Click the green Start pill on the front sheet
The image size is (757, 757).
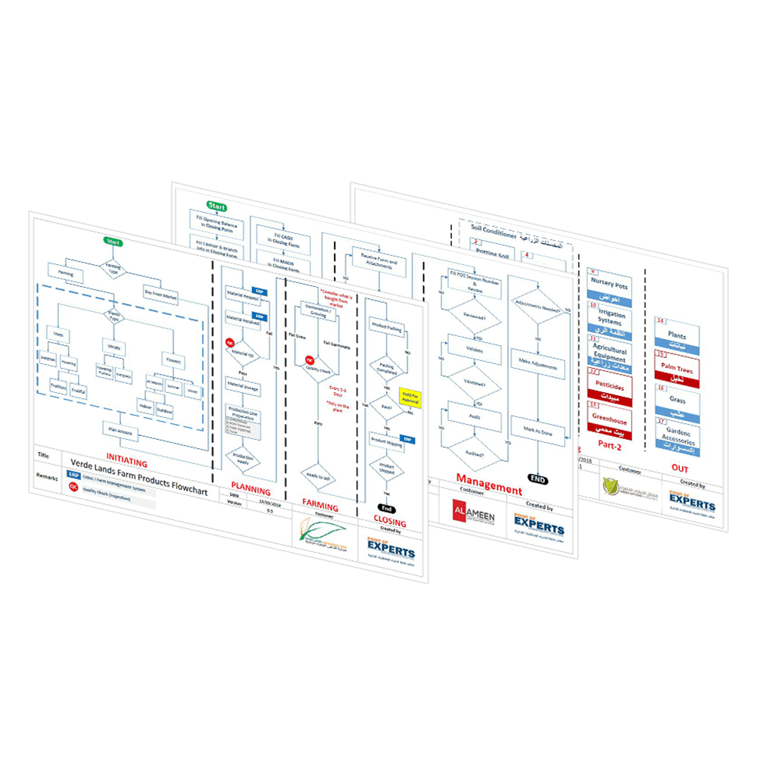[114, 242]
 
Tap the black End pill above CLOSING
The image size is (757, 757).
[385, 508]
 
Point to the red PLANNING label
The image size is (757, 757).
[250, 491]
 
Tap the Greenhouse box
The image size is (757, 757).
[609, 419]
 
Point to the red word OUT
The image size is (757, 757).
[679, 469]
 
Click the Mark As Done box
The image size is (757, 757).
[537, 428]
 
